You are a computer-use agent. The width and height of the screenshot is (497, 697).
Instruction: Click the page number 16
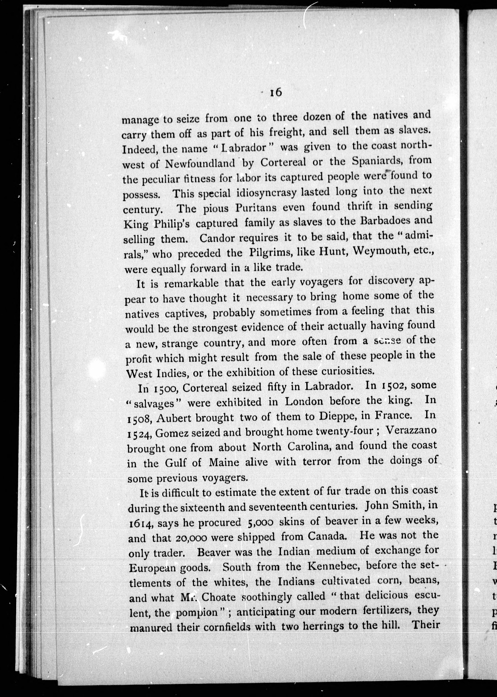[275, 93]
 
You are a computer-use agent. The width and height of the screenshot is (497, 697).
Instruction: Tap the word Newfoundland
[200, 164]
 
